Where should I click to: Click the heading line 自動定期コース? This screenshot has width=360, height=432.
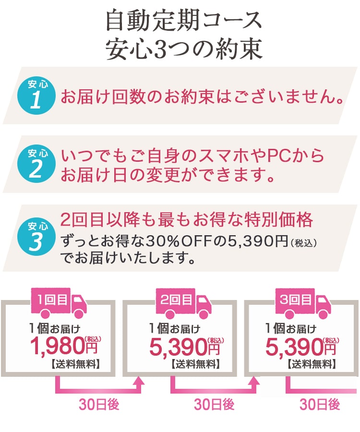[184, 22]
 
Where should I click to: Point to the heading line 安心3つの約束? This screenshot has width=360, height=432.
[184, 49]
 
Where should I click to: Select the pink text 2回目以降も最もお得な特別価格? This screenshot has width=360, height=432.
[187, 220]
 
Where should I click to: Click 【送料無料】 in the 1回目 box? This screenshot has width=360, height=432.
[75, 364]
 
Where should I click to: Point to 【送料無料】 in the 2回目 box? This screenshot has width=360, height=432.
[195, 364]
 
